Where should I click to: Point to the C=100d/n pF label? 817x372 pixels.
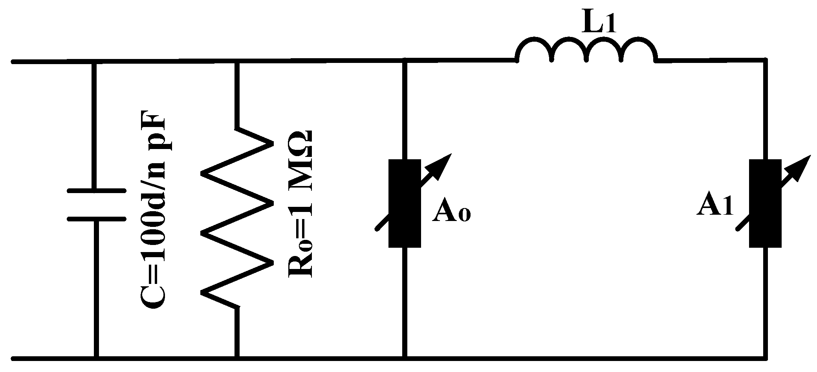pos(153,212)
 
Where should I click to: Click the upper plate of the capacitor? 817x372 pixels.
pos(97,192)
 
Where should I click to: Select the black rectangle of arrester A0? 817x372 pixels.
pos(405,203)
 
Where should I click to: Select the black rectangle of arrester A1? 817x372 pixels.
pos(765,203)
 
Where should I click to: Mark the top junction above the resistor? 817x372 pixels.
pos(236,61)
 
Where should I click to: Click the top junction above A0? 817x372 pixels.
pos(405,61)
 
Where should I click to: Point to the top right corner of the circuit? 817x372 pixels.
pos(765,60)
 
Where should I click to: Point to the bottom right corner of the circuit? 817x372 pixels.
pos(765,359)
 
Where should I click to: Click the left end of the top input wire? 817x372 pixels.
pos(14,62)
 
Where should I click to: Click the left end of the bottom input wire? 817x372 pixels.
pos(14,359)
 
